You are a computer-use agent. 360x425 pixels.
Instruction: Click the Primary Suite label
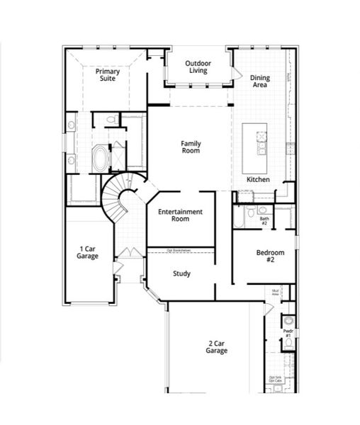[108, 74]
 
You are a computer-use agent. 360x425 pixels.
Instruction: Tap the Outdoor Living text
[198, 67]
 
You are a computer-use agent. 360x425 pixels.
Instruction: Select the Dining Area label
[260, 81]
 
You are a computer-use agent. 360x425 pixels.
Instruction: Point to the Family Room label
[191, 147]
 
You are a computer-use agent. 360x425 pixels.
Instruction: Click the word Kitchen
[258, 180]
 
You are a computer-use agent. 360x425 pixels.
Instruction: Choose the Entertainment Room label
[180, 215]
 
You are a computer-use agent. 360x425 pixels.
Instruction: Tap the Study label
[181, 273]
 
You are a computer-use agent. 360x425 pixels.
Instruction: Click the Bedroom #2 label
[270, 256]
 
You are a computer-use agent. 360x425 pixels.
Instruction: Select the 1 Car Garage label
[89, 252]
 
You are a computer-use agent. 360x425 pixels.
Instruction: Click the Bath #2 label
[264, 220]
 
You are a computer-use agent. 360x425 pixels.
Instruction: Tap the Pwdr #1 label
[288, 332]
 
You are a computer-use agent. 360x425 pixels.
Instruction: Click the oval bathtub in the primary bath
[101, 157]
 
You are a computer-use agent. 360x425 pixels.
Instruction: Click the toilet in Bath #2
[261, 210]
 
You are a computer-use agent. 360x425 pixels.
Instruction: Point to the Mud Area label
[276, 292]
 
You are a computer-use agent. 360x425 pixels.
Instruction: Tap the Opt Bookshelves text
[180, 250]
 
